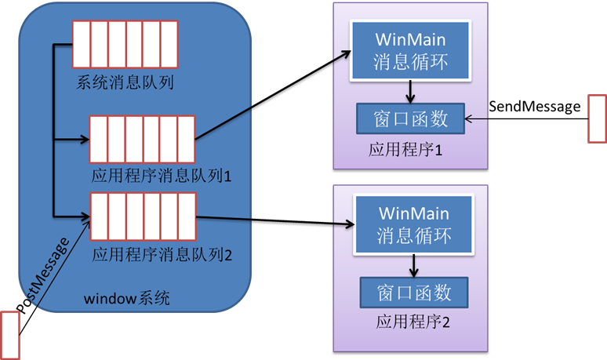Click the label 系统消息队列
(x=125, y=81)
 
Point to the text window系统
(x=125, y=299)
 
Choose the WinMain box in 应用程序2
(x=415, y=224)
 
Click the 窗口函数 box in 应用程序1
(x=410, y=118)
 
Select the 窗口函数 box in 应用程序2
(x=414, y=293)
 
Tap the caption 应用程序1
(x=405, y=150)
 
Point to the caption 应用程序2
(x=413, y=322)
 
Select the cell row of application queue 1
(x=141, y=138)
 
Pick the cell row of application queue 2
(x=143, y=216)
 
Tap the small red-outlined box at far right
(x=598, y=118)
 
